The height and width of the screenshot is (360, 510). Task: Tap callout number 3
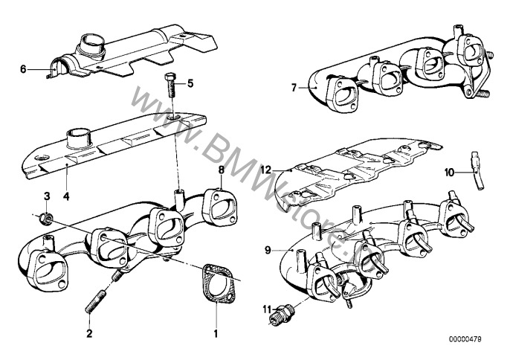pos(46,196)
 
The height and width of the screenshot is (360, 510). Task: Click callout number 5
pos(190,83)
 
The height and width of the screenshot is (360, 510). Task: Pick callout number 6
pos(23,69)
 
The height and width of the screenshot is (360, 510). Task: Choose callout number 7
pos(294,88)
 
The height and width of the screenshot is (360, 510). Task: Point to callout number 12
pos(266,170)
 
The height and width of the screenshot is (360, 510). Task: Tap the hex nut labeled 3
pos(46,217)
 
